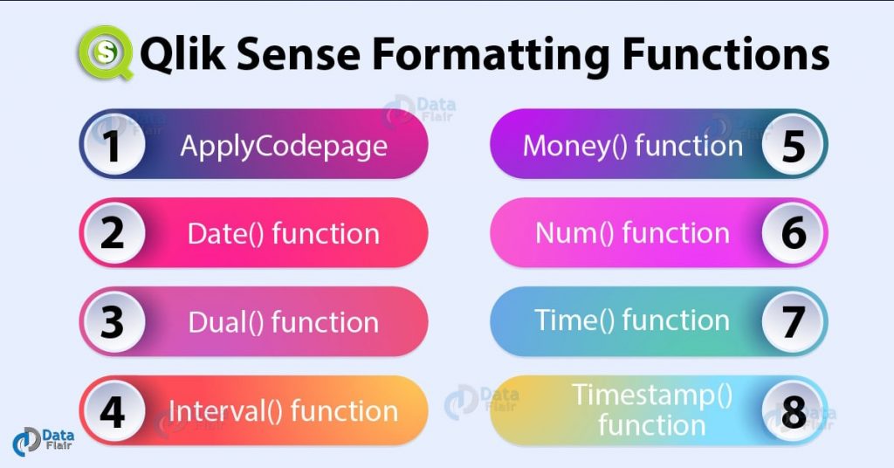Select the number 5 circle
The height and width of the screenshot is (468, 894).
pyautogui.click(x=794, y=146)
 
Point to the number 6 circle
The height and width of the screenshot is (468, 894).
pyautogui.click(x=794, y=234)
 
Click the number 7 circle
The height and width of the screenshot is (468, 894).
pyautogui.click(x=794, y=322)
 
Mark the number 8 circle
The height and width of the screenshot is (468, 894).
pyautogui.click(x=794, y=411)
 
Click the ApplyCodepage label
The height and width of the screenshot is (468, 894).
pyautogui.click(x=284, y=146)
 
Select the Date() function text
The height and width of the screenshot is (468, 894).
pyautogui.click(x=284, y=234)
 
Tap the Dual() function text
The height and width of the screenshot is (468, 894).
pyautogui.click(x=284, y=322)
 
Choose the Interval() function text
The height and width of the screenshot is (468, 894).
pyautogui.click(x=284, y=411)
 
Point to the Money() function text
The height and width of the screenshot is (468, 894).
pyautogui.click(x=632, y=146)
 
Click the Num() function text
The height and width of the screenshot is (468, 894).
pyautogui.click(x=632, y=234)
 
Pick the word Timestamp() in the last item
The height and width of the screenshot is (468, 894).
pyautogui.click(x=652, y=396)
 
